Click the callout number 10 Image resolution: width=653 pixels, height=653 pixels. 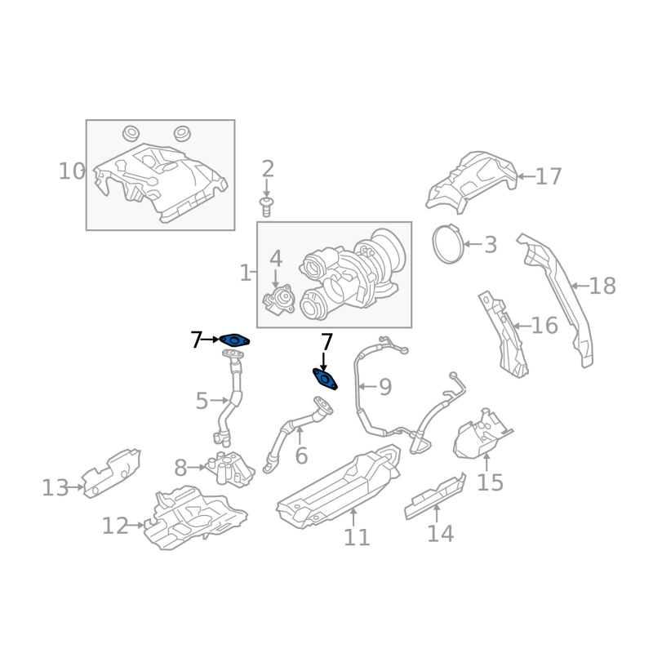72,171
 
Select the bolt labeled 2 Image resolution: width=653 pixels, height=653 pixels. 266,207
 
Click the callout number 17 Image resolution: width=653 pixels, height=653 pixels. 549,176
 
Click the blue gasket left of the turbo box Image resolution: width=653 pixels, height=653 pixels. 235,341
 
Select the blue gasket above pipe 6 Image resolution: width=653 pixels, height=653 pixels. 325,379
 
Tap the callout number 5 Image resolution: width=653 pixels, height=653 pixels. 202,401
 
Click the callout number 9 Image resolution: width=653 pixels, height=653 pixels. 385,387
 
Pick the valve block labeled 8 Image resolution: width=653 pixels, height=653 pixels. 230,468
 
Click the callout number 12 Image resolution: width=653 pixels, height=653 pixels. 115,526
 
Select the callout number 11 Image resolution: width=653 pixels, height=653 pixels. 357,537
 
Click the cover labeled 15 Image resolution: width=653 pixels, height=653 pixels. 482,435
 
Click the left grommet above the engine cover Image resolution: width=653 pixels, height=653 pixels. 131,133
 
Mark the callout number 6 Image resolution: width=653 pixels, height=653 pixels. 301,455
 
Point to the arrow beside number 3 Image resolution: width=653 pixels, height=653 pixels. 473,244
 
